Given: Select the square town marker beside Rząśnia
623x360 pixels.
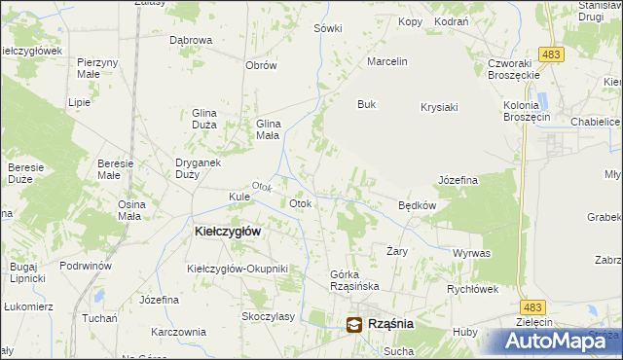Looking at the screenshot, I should pos(354,324).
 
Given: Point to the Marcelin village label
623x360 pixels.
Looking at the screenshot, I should pos(385,61).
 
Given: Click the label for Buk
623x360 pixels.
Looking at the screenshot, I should pos(366,104).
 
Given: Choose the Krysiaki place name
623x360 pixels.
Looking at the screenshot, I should pos(439,107).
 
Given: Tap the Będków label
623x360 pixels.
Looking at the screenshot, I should pos(417,205).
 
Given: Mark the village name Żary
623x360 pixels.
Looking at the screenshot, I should pos(396,250).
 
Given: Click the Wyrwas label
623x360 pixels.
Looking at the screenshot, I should pos(471,253).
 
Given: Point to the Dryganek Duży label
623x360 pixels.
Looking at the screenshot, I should pos(173,168).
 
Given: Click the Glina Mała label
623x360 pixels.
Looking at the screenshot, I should pos(268,130).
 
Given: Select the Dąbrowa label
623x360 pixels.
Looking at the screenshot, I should pos(191,40).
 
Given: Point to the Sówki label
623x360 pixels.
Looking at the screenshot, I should pos(328,28).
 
